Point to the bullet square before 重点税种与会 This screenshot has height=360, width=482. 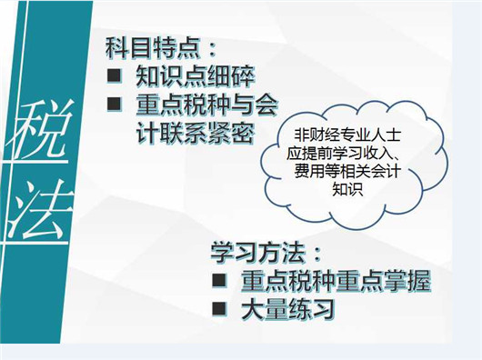[114, 104]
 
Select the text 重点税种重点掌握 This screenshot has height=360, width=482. [330, 280]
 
